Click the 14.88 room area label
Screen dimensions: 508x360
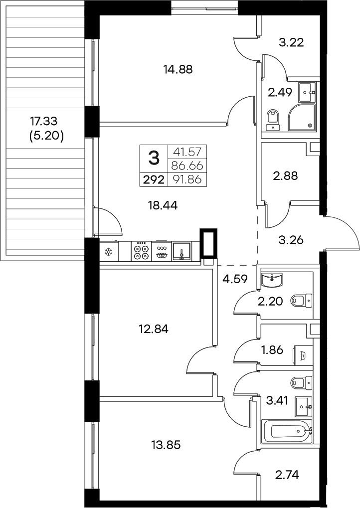pyautogui.click(x=178, y=69)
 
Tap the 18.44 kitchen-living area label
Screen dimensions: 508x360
pyautogui.click(x=163, y=204)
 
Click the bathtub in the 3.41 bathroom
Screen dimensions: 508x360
pyautogui.click(x=287, y=431)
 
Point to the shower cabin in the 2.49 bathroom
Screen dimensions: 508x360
pyautogui.click(x=302, y=117)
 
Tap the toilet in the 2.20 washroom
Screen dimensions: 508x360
pyautogui.click(x=301, y=301)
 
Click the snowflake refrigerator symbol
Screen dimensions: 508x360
pyautogui.click(x=108, y=252)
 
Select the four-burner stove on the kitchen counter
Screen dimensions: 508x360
pyautogui.click(x=141, y=251)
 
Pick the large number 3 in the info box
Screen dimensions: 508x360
pyautogui.click(x=154, y=159)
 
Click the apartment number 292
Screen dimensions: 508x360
pyautogui.click(x=154, y=180)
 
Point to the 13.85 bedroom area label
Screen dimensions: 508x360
pyautogui.click(x=165, y=444)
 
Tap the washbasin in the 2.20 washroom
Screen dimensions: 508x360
pyautogui.click(x=273, y=280)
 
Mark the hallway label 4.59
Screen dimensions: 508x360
pyautogui.click(x=235, y=279)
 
